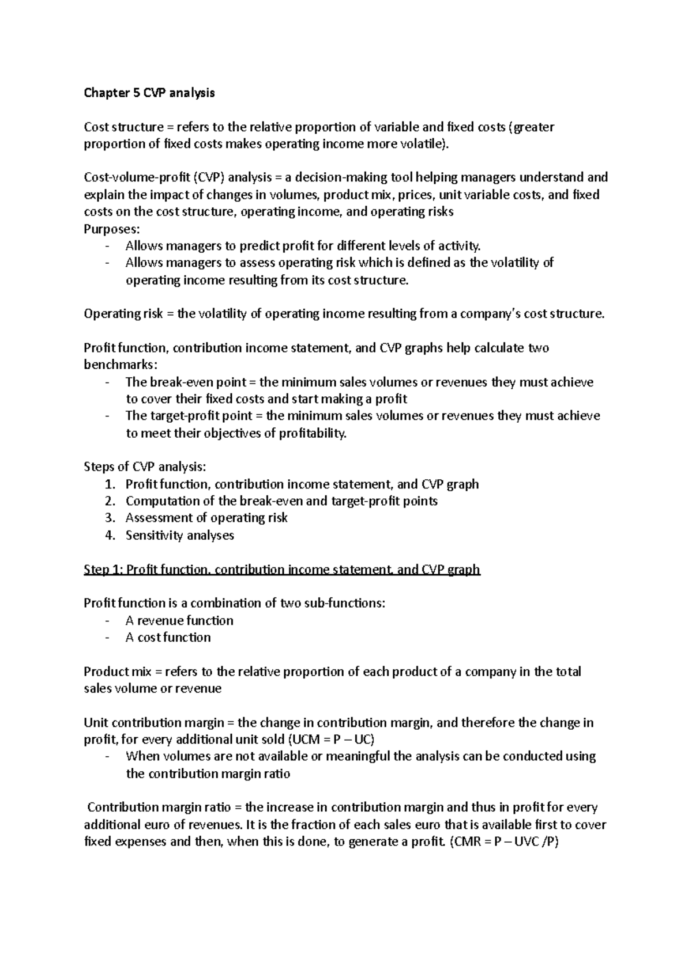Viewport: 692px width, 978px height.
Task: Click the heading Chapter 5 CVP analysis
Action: (149, 93)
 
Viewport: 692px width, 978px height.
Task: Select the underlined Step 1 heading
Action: (281, 570)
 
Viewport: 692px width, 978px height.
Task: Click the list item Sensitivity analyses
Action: (179, 535)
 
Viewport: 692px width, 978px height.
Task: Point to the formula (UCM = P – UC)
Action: (326, 740)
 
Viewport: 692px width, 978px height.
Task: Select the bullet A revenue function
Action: (179, 620)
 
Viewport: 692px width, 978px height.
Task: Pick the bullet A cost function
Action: (168, 637)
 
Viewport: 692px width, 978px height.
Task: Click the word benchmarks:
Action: (119, 365)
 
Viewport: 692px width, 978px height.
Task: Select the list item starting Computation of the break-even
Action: (281, 501)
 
